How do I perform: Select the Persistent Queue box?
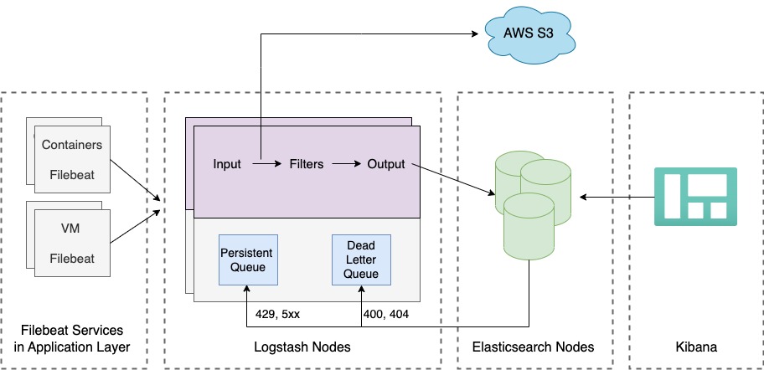point(246,259)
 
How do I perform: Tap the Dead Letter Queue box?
point(360,259)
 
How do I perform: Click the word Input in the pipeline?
point(227,164)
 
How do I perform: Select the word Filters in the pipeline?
point(306,164)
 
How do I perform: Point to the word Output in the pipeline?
point(386,164)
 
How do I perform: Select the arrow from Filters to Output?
point(345,164)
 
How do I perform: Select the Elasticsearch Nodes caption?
point(534,347)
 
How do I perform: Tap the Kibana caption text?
point(696,347)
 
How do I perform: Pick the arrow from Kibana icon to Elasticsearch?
point(617,198)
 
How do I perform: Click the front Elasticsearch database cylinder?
point(526,227)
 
